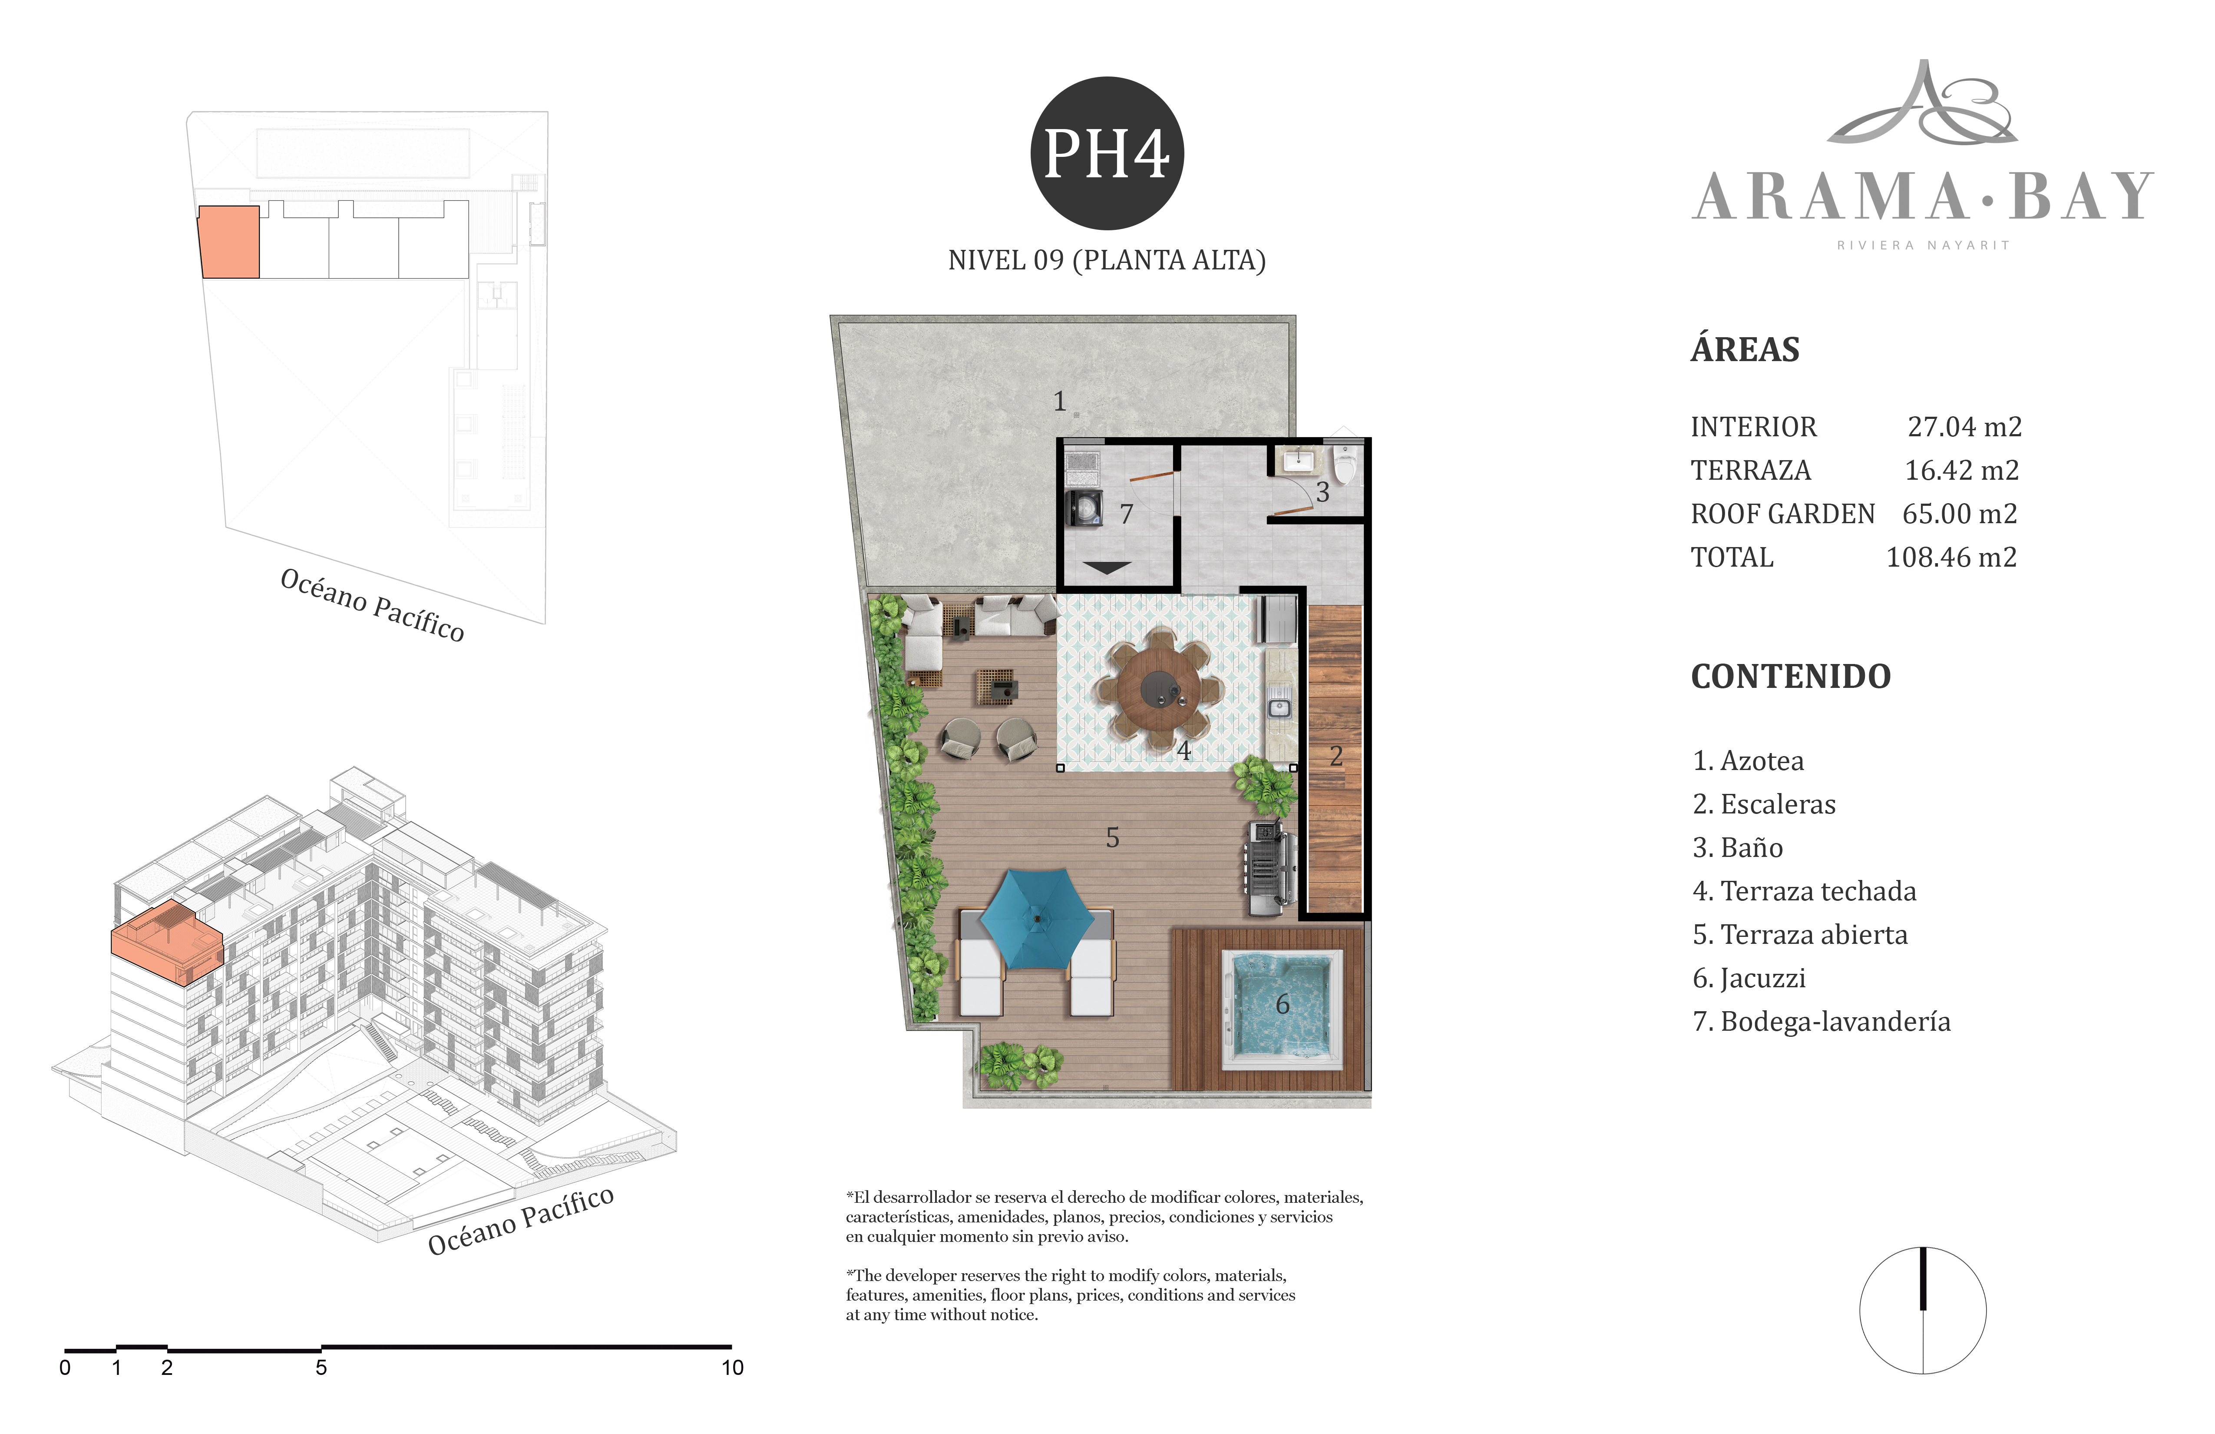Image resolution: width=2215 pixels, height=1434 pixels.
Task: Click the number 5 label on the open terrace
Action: click(1112, 838)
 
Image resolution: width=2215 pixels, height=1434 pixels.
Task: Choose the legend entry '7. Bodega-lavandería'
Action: click(1822, 1022)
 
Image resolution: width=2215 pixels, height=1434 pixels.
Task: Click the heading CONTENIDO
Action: click(1791, 676)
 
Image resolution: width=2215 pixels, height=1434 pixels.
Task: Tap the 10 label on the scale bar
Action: click(732, 1368)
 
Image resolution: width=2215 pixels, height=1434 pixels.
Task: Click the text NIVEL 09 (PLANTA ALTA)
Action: click(1107, 261)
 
